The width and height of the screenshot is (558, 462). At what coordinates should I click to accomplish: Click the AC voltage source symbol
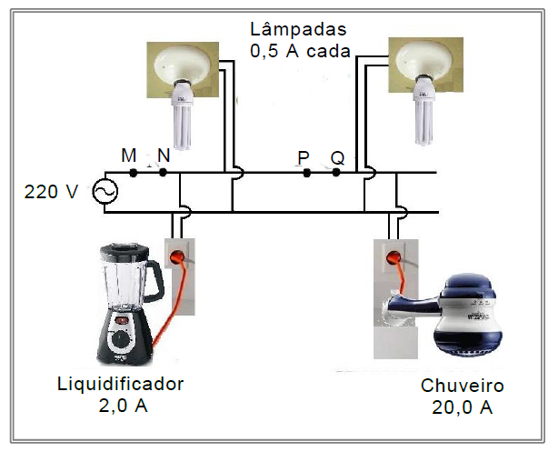105,192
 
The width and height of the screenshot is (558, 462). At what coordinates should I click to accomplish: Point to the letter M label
129,156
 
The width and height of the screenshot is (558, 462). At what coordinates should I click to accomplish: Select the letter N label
163,156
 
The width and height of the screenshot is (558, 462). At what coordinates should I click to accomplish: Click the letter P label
304,158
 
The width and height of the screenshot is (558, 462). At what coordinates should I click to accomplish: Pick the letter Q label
337,158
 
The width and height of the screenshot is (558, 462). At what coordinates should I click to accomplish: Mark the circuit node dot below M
133,172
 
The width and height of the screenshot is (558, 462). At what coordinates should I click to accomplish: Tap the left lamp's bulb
184,122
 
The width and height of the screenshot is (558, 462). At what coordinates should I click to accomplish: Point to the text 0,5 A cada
301,51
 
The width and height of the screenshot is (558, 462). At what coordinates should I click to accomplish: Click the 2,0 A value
122,406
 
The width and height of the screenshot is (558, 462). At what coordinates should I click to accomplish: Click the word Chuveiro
462,387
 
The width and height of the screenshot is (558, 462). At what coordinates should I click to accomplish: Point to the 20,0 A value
463,407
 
